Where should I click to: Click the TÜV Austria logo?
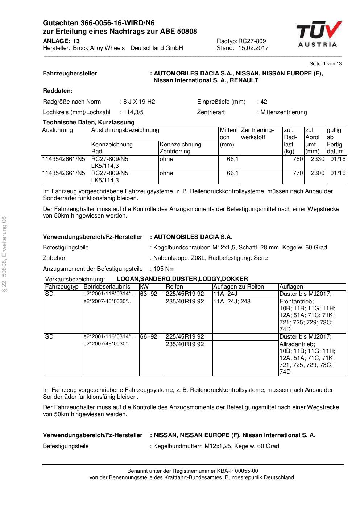319,34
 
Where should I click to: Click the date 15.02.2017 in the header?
253,48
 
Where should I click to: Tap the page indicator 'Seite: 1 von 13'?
325,64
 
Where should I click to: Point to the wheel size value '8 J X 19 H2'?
139,102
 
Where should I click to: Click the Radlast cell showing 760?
298,159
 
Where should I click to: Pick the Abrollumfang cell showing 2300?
317,173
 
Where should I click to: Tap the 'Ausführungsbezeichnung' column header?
125,130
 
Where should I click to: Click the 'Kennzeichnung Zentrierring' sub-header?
180,148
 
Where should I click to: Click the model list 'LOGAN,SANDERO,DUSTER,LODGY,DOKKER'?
182,279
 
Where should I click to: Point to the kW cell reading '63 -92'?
149,294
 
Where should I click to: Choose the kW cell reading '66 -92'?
149,337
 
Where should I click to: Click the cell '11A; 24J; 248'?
232,302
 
